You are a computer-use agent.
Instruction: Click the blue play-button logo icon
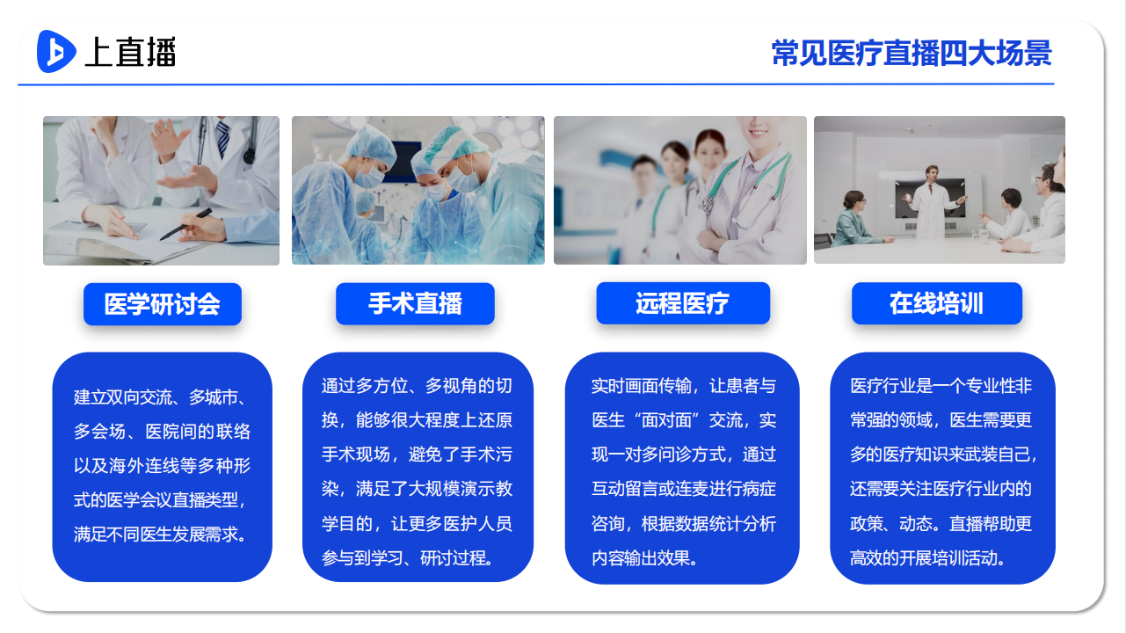coord(56,51)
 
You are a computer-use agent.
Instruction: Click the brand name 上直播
coord(131,52)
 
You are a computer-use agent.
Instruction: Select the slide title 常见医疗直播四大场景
coord(912,53)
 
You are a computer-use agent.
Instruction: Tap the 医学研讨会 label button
coord(163,304)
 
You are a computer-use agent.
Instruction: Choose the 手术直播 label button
coord(415,303)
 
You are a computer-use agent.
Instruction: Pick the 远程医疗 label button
coord(683,303)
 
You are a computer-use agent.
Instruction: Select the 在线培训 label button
coord(937,303)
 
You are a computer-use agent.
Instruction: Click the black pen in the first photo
coord(186,224)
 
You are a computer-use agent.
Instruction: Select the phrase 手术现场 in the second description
coord(356,455)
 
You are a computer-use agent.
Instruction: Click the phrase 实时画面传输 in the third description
coord(642,386)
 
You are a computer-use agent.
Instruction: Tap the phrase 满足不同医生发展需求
coord(156,534)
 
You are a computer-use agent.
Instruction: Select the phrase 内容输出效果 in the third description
coord(641,558)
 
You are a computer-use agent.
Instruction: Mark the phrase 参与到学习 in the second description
coord(362,558)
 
